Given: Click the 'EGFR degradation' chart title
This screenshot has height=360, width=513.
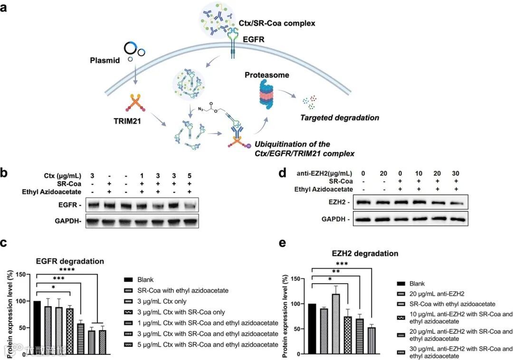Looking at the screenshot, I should pos(70,261).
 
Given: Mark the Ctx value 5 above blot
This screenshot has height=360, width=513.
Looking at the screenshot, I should pos(190,175).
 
